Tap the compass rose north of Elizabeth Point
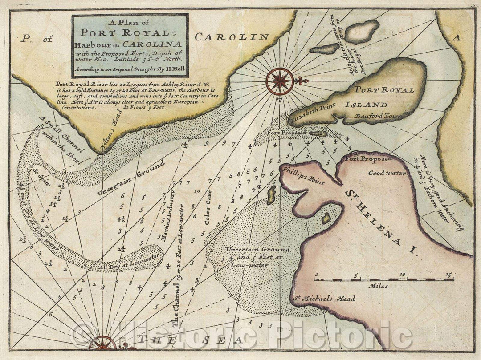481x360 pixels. (280, 81)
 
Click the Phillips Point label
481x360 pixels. (302, 177)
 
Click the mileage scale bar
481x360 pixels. (384, 279)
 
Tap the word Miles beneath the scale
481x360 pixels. (379, 286)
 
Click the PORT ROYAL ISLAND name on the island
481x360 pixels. (376, 97)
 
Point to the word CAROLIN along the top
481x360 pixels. (231, 37)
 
